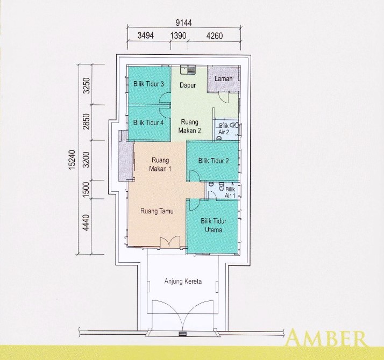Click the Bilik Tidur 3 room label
(149, 84)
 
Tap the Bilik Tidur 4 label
(148, 123)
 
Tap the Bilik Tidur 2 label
(214, 161)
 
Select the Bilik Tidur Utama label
(214, 225)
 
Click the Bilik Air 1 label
(230, 192)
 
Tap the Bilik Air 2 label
(224, 128)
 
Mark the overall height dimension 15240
(72, 160)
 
